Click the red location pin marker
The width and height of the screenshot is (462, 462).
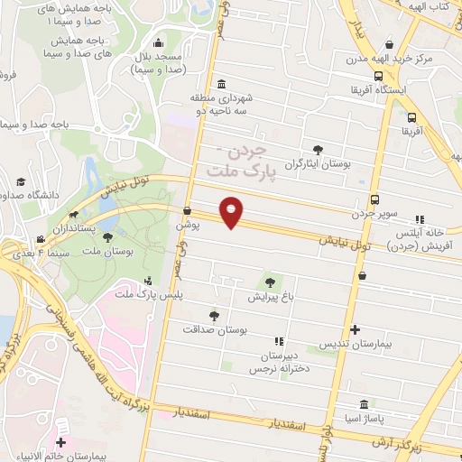point(233,211)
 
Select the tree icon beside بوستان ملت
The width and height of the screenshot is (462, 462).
point(108,237)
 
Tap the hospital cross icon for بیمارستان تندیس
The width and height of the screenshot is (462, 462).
point(355,330)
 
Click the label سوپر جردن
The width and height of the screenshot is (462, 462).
point(374,214)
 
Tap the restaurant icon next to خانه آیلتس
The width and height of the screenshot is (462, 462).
point(420,218)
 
